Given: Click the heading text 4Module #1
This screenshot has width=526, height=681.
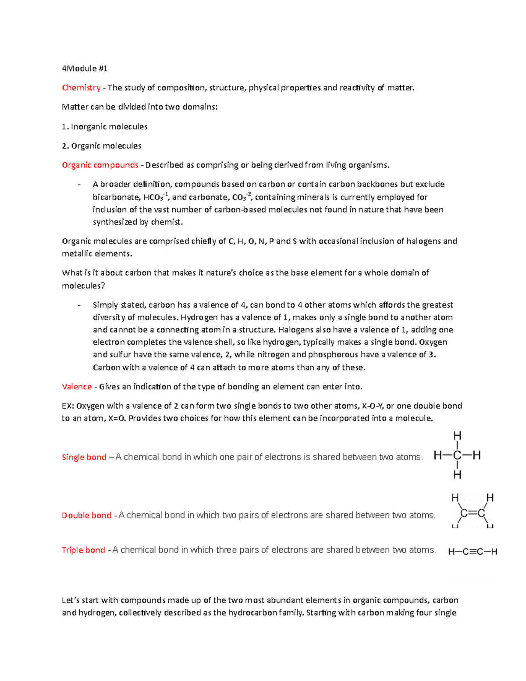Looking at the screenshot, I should pyautogui.click(x=85, y=68).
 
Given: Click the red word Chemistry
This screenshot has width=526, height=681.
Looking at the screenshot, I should pyautogui.click(x=81, y=88).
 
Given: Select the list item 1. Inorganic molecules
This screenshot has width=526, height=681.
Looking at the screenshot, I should pyautogui.click(x=105, y=127).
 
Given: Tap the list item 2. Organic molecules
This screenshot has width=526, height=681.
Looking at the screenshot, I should pyautogui.click(x=102, y=146).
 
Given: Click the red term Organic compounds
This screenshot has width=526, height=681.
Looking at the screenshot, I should pyautogui.click(x=100, y=165).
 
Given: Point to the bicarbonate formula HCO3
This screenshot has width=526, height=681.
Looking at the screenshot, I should pyautogui.click(x=153, y=197).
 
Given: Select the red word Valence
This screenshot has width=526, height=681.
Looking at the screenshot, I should pyautogui.click(x=77, y=387).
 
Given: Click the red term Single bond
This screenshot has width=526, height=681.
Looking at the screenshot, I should pyautogui.click(x=84, y=457).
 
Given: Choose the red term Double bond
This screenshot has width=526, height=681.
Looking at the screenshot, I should pyautogui.click(x=86, y=516).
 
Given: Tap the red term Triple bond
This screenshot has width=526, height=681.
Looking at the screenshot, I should pyautogui.click(x=83, y=550).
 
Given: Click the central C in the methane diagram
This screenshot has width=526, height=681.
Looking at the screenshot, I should pyautogui.click(x=457, y=456).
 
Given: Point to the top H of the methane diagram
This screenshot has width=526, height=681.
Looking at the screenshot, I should pyautogui.click(x=457, y=436).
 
